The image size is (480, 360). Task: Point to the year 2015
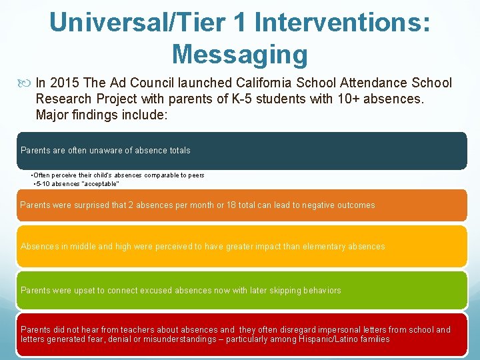[63, 83]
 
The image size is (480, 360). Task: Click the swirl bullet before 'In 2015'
[26, 84]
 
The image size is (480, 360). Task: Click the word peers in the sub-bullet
[195, 175]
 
